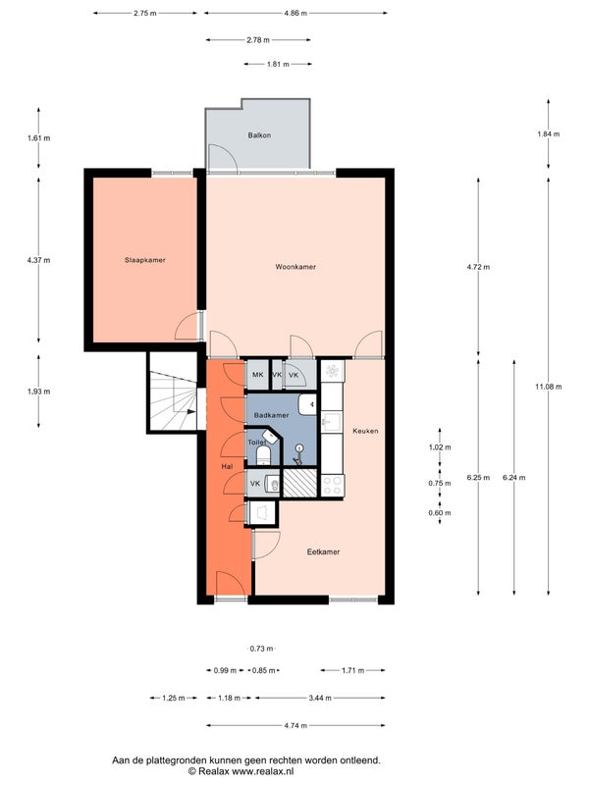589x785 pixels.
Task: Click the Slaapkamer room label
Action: point(144,260)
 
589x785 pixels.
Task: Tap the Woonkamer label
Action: point(295,267)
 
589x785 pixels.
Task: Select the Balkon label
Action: point(259,135)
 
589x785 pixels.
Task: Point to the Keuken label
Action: point(365,431)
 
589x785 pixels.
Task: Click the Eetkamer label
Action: point(323,551)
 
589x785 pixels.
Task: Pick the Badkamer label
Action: point(271,415)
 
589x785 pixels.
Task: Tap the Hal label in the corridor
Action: point(227,467)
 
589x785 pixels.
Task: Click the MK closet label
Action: point(258,375)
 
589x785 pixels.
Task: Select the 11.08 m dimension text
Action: point(548,387)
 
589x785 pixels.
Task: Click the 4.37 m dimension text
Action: point(38,260)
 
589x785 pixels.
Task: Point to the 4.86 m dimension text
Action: point(295,14)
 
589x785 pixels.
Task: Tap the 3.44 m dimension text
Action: point(320,698)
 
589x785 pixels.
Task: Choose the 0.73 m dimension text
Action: point(261,649)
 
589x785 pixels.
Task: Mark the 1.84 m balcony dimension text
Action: point(549,134)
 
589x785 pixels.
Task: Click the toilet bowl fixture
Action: point(263,455)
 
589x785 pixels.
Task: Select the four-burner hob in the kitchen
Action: point(333,485)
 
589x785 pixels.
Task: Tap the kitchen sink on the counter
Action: point(331,422)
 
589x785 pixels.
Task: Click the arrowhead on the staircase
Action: point(191,411)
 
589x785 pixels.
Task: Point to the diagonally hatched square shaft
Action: point(300,483)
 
